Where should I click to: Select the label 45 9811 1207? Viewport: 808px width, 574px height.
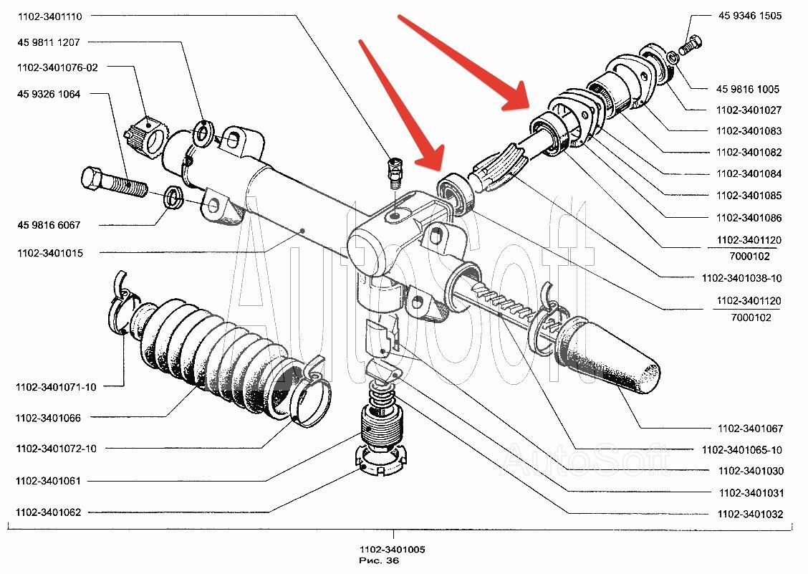(x=49, y=42)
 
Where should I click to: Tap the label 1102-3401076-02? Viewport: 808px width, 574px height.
(x=57, y=67)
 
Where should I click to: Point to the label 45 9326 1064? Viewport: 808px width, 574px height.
(x=49, y=94)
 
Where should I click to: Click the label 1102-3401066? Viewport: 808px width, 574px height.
(x=48, y=417)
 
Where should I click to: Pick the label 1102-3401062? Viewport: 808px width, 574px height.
(x=48, y=512)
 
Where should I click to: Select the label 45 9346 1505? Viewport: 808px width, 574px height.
(x=750, y=15)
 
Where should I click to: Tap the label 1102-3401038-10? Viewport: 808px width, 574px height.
(x=742, y=277)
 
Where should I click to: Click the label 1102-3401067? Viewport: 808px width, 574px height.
(x=750, y=429)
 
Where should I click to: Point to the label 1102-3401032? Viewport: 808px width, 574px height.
(x=750, y=514)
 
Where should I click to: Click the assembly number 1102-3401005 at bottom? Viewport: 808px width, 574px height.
(x=393, y=550)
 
